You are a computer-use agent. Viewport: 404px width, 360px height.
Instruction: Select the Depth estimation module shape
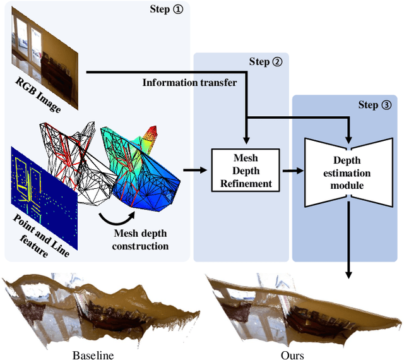(347, 170)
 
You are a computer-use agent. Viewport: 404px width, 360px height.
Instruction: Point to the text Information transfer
(189, 83)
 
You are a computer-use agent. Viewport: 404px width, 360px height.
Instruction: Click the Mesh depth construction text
(140, 240)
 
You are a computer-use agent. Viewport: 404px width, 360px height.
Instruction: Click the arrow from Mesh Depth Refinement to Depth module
(292, 170)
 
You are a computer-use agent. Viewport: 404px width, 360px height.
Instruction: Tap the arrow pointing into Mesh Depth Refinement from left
(196, 170)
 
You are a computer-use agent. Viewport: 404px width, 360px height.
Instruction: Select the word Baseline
(93, 355)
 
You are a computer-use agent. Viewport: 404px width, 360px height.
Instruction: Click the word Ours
(292, 355)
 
